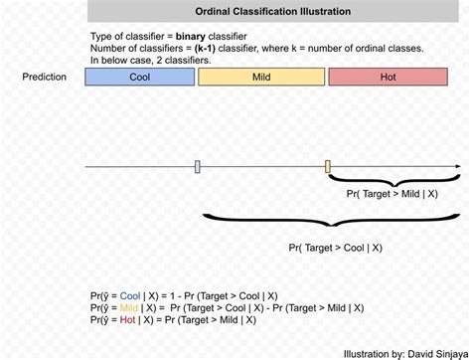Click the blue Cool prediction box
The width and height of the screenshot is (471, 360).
[x=146, y=77]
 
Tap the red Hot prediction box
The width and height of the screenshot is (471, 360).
[x=387, y=77]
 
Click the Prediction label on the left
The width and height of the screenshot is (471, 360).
[x=45, y=77]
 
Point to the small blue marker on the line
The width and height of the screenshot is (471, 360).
[x=198, y=166]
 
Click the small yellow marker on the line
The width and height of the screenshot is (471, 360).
[x=328, y=166]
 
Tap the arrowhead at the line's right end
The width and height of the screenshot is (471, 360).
[x=456, y=166]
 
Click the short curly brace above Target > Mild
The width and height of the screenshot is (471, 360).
[x=393, y=180]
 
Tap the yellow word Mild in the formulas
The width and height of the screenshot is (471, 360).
[x=128, y=309]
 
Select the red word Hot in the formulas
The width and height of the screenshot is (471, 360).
[x=126, y=321]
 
